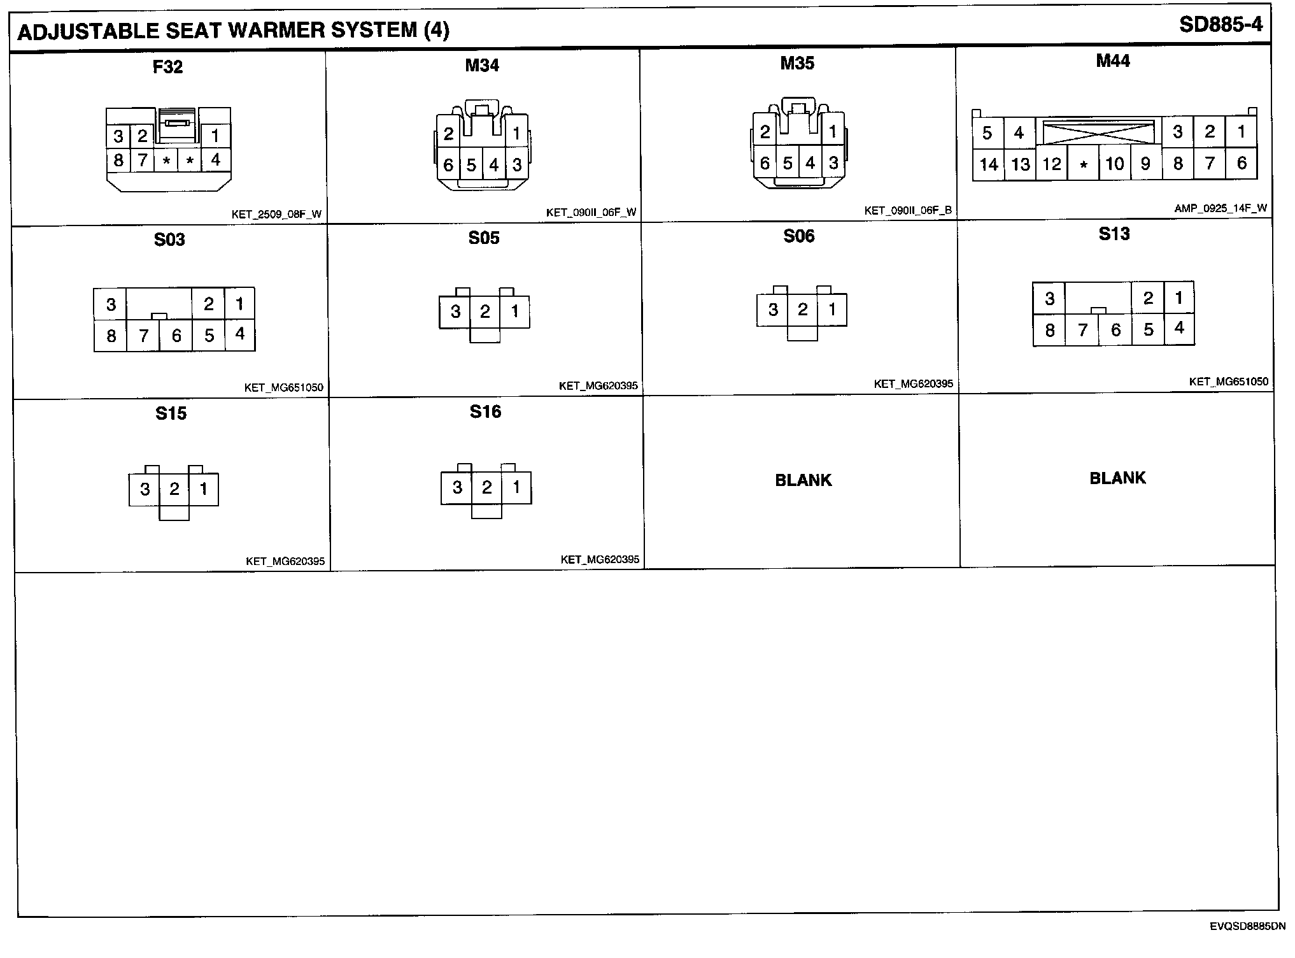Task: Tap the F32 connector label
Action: point(168,67)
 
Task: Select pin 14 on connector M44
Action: point(988,165)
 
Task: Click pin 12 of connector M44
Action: point(1051,164)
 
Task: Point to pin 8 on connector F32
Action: point(118,160)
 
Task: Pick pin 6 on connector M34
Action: point(448,165)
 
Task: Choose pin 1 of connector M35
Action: point(833,132)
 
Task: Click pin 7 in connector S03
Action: point(144,335)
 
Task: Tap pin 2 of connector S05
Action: point(485,311)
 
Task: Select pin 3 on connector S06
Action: point(773,310)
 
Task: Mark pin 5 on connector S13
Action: point(1149,329)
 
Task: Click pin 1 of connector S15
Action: point(203,489)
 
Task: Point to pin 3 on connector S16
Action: point(457,487)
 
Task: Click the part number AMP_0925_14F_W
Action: point(1221,208)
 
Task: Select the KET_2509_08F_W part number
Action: point(276,215)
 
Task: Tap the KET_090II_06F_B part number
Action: point(907,211)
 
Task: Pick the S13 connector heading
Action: point(1114,234)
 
